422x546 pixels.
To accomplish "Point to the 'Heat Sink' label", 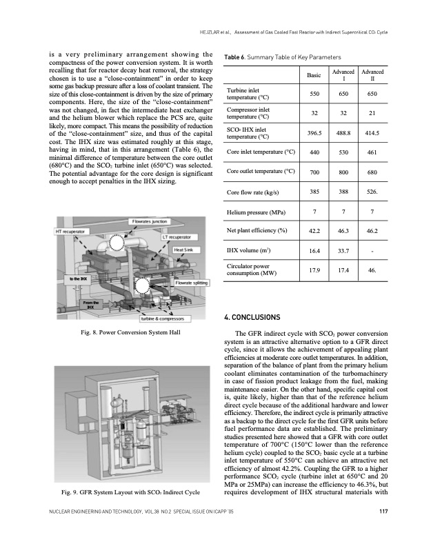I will tap(187, 250).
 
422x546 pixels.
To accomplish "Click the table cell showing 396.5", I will tap(314, 132).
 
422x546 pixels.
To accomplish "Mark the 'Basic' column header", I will tap(314, 76).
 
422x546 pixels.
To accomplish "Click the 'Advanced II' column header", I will tap(372, 76).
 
